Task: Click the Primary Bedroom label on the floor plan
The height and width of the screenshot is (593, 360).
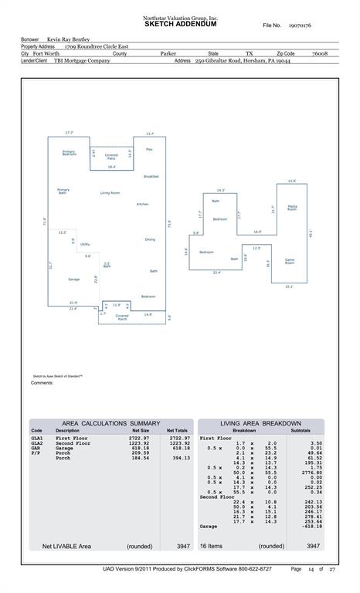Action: [x=69, y=153]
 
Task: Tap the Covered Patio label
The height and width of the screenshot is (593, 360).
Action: [x=111, y=157]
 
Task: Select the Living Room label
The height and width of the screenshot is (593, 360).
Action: [x=110, y=192]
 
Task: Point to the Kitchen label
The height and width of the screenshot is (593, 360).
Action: [x=143, y=204]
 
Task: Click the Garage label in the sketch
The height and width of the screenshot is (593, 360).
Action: [x=73, y=279]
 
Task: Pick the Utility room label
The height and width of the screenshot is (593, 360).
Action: [x=85, y=243]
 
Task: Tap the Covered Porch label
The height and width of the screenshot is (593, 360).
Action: [x=122, y=316]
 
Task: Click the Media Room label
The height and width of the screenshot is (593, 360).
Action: [x=292, y=208]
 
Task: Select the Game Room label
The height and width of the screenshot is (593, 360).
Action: [x=290, y=261]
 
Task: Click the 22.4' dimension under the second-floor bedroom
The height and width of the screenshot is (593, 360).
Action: [x=216, y=273]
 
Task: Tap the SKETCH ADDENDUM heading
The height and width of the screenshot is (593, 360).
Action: [x=180, y=25]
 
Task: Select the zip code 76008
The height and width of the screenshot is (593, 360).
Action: [x=319, y=54]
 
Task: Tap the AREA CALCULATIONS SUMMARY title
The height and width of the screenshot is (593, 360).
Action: [x=111, y=423]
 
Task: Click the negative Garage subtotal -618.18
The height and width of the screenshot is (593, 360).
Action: [x=310, y=526]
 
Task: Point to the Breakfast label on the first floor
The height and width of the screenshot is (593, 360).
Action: [x=151, y=177]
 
